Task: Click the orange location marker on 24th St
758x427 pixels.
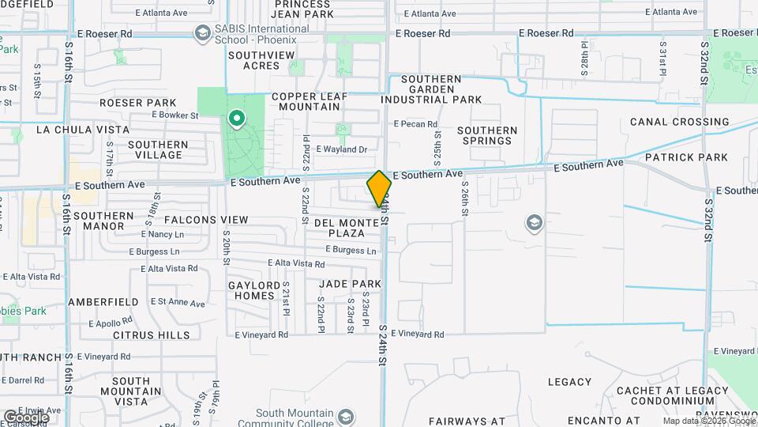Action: click(x=380, y=189)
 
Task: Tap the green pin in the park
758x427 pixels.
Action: click(x=235, y=119)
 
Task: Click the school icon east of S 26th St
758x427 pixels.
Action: click(x=535, y=224)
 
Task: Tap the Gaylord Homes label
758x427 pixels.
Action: click(x=254, y=290)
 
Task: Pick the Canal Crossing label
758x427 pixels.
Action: click(x=679, y=122)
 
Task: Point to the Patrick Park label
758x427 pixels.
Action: click(x=686, y=157)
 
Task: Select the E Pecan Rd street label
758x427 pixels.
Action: click(x=415, y=124)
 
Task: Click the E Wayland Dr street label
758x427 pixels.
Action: click(x=342, y=149)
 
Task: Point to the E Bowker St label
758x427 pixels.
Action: click(x=174, y=115)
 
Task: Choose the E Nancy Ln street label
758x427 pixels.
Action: click(x=163, y=235)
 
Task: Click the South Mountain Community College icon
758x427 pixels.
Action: click(x=345, y=415)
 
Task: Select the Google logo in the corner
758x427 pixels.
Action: click(x=27, y=417)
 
